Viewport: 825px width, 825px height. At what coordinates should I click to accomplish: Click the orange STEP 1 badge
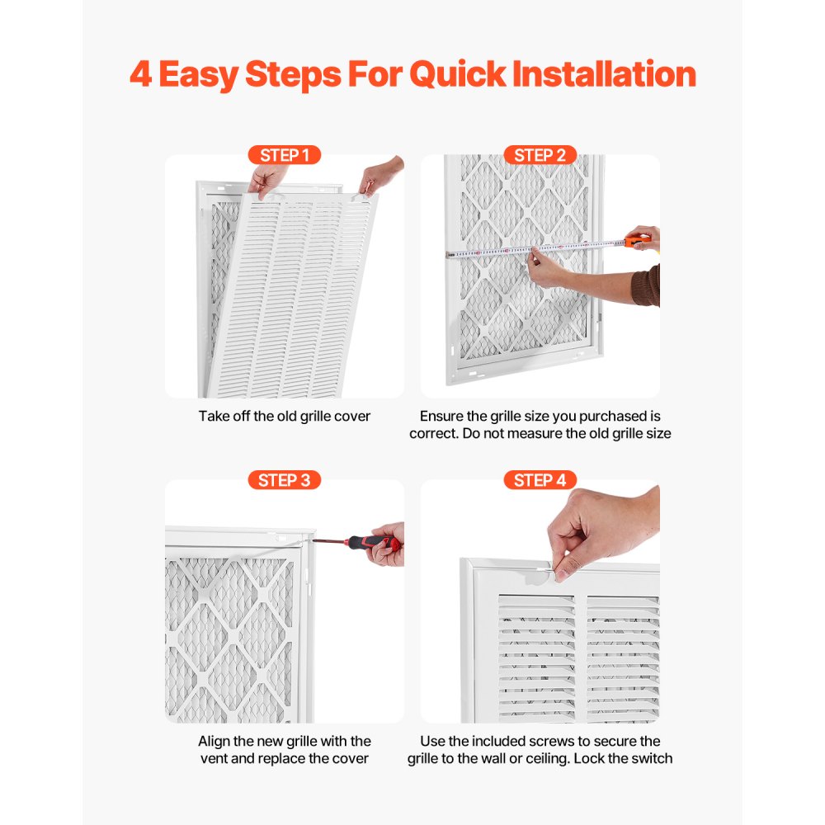tap(284, 155)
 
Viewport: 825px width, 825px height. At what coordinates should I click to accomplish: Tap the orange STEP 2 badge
tap(540, 155)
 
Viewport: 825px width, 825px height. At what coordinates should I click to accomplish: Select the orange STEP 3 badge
tap(284, 480)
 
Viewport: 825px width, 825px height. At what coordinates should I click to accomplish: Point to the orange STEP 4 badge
tap(540, 480)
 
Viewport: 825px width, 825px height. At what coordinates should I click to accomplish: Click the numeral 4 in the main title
tap(141, 74)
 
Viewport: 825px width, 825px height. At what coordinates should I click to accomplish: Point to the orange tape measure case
tap(637, 241)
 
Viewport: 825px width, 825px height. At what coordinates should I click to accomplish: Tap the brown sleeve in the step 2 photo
tap(648, 285)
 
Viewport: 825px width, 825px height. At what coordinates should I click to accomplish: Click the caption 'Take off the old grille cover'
tap(284, 416)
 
